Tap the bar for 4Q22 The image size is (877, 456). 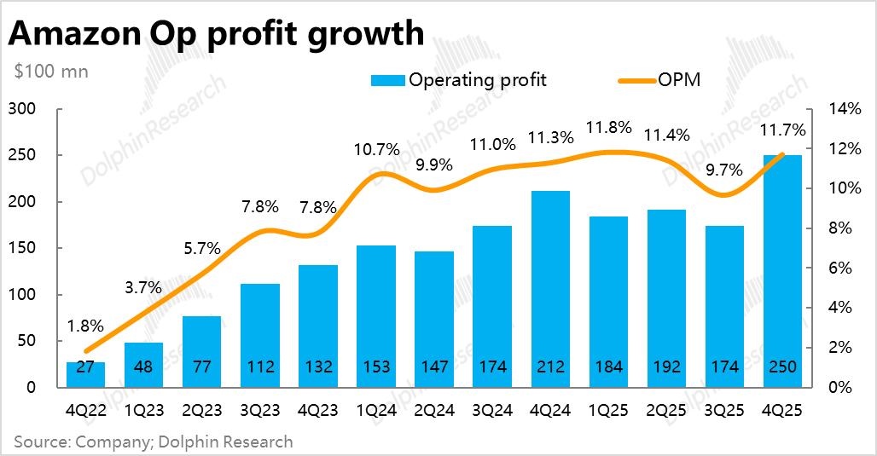[85, 375]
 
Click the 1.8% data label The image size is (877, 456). [85, 326]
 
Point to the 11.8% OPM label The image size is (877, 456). [608, 129]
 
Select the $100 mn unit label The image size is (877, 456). [51, 72]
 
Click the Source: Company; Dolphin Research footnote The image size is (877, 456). [153, 442]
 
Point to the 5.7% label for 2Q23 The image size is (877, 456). [201, 249]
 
